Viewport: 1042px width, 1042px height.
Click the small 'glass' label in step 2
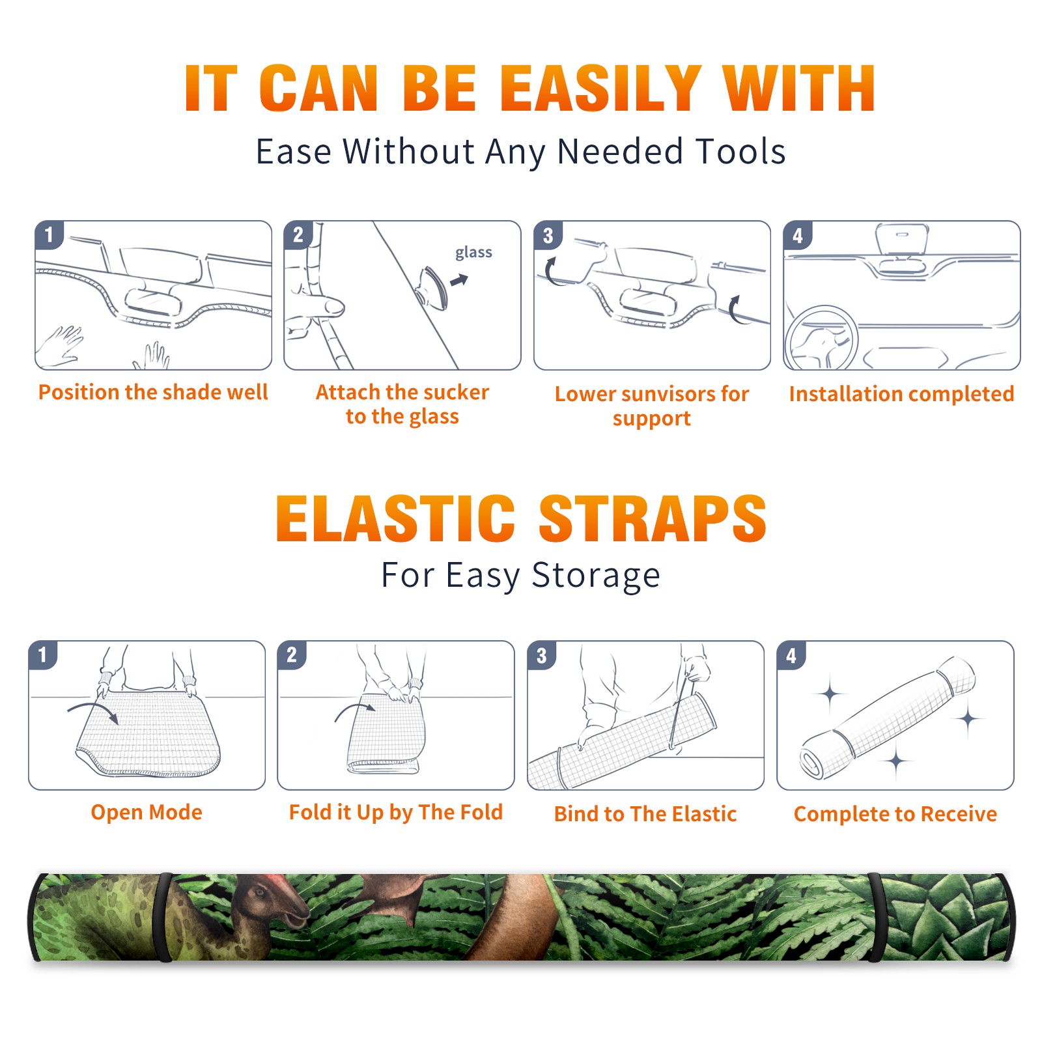coord(473,253)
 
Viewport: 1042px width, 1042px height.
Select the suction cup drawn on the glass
coord(432,287)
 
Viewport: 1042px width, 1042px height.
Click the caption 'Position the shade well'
coord(153,392)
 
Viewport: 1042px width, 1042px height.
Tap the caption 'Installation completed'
coord(901,394)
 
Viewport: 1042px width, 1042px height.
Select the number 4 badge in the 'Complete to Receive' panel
coord(791,655)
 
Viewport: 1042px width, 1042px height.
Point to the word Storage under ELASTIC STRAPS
coord(596,576)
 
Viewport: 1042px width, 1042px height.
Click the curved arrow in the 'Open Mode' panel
coord(93,710)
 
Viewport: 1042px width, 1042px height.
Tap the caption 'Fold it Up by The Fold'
coord(396,812)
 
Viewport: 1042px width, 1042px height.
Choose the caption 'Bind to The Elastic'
coord(645,814)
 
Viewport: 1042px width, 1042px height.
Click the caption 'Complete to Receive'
coord(895,814)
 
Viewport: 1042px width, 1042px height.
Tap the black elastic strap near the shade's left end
coord(164,917)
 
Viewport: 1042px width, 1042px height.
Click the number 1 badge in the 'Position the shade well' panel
coord(49,235)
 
